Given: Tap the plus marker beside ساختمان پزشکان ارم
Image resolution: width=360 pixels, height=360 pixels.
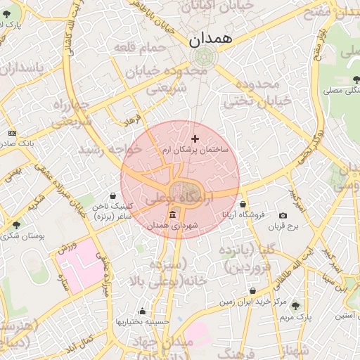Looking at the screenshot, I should click(x=195, y=139).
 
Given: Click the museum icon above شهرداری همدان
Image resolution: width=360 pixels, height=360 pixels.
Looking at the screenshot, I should click(x=173, y=214).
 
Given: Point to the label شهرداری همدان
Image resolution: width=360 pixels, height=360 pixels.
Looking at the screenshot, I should click(x=174, y=225).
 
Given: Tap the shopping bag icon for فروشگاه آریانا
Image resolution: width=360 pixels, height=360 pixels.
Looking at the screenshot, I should click(x=243, y=204).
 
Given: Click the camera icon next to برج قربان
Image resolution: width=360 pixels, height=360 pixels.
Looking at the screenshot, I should click(x=283, y=216).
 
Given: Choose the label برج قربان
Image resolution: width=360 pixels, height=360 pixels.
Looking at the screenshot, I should click(x=287, y=226).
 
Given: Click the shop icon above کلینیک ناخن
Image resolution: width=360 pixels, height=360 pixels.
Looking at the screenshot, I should click(x=113, y=196).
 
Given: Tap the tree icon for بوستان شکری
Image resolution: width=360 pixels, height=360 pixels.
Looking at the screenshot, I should click(x=16, y=225).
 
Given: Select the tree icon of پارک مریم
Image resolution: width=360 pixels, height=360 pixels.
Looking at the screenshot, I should click(x=295, y=306).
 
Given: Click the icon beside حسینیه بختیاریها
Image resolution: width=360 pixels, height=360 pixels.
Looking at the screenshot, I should click(x=143, y=311).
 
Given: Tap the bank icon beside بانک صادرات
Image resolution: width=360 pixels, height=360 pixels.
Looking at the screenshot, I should click(x=12, y=133).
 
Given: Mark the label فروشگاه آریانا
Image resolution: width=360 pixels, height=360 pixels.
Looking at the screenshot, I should click(x=243, y=214).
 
